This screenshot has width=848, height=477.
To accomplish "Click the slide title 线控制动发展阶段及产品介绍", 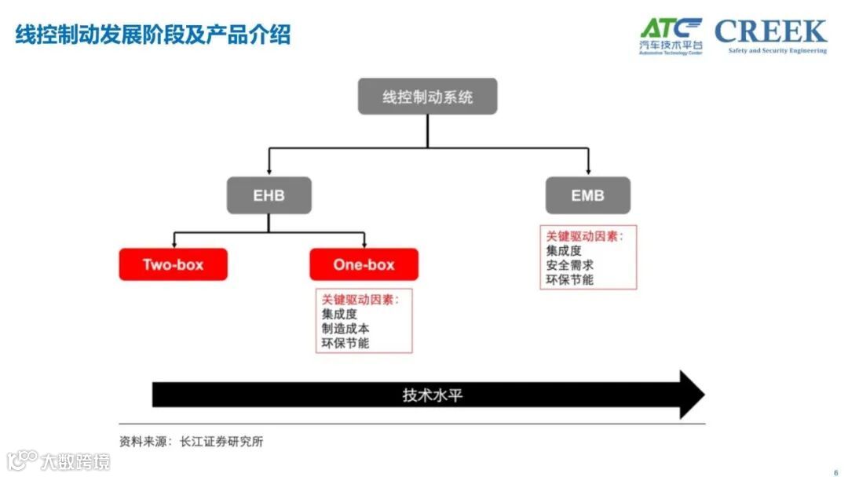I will [153, 35].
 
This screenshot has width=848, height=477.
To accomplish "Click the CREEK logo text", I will [770, 32].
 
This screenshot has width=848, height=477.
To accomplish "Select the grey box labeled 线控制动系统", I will [427, 96].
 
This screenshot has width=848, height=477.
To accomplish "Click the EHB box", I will [269, 195].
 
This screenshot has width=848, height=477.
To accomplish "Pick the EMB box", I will [587, 195].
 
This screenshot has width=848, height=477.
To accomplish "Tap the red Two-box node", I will [173, 264].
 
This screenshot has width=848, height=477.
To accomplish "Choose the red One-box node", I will [364, 264].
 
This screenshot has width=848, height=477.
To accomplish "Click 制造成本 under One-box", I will [345, 329].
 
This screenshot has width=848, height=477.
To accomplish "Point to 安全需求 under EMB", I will [569, 265].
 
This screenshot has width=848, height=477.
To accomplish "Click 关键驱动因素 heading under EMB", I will [584, 235].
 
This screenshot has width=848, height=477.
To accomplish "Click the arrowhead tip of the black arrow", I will [703, 395].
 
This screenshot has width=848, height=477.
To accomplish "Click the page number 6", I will [835, 472].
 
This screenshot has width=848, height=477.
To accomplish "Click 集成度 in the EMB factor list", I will [564, 250].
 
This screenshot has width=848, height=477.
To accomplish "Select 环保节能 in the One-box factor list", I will [345, 343].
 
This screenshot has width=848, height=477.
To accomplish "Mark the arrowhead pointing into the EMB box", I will [587, 172].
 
